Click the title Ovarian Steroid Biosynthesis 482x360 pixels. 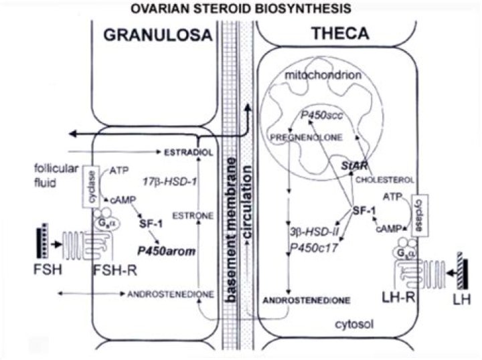(x=242, y=9)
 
